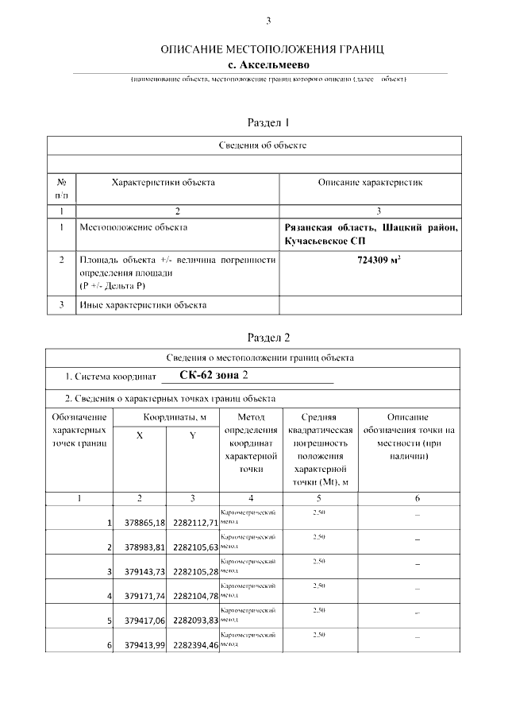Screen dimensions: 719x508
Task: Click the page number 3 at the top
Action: pos(268,21)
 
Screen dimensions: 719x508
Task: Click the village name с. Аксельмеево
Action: pos(267,64)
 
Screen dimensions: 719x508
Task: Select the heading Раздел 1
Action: pos(268,122)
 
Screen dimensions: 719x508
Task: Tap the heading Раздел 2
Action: pos(268,337)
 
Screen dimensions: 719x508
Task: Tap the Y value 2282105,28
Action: pos(195,572)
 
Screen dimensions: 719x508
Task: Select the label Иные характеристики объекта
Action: pos(144,304)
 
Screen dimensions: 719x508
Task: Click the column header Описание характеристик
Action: pos(370,183)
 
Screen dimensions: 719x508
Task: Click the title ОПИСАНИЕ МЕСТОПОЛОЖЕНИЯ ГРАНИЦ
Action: pos(272,49)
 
